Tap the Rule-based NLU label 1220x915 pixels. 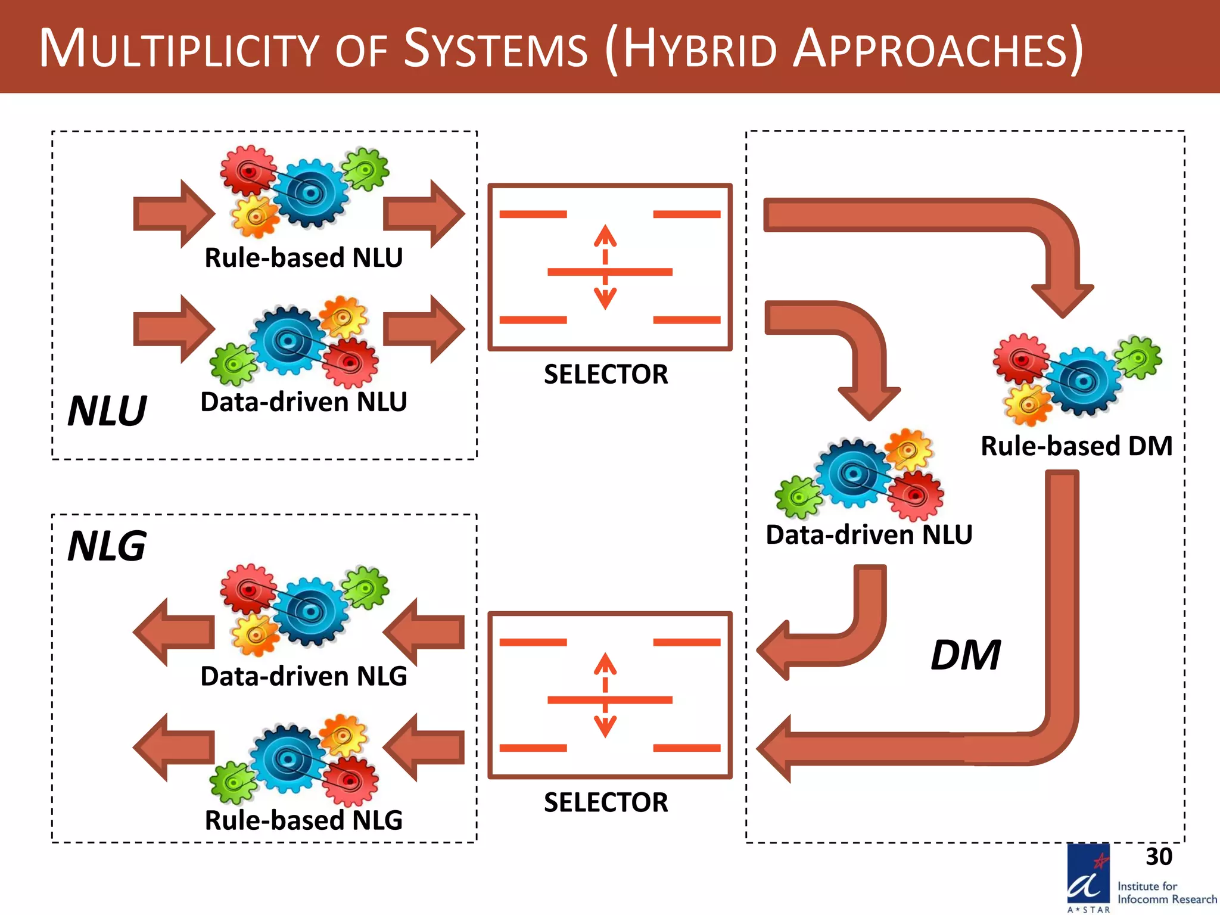(x=304, y=258)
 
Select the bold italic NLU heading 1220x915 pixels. (x=107, y=411)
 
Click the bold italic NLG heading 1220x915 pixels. (x=107, y=546)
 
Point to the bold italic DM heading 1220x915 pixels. (x=965, y=655)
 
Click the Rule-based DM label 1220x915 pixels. (x=1076, y=446)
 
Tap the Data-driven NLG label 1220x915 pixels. (x=304, y=676)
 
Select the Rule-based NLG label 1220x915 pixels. (x=304, y=820)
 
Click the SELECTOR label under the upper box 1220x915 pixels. (x=606, y=375)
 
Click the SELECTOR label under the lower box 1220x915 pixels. (x=606, y=802)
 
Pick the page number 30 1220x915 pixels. (x=1159, y=857)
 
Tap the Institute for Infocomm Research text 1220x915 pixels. (x=1166, y=893)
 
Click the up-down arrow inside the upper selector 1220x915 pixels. (x=605, y=267)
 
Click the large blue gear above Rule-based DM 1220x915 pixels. (x=1084, y=381)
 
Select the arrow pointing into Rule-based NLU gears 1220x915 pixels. (x=173, y=213)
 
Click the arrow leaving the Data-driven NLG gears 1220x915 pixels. (x=173, y=632)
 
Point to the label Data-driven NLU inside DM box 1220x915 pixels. (x=869, y=534)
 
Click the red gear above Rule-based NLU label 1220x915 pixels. (x=248, y=171)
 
